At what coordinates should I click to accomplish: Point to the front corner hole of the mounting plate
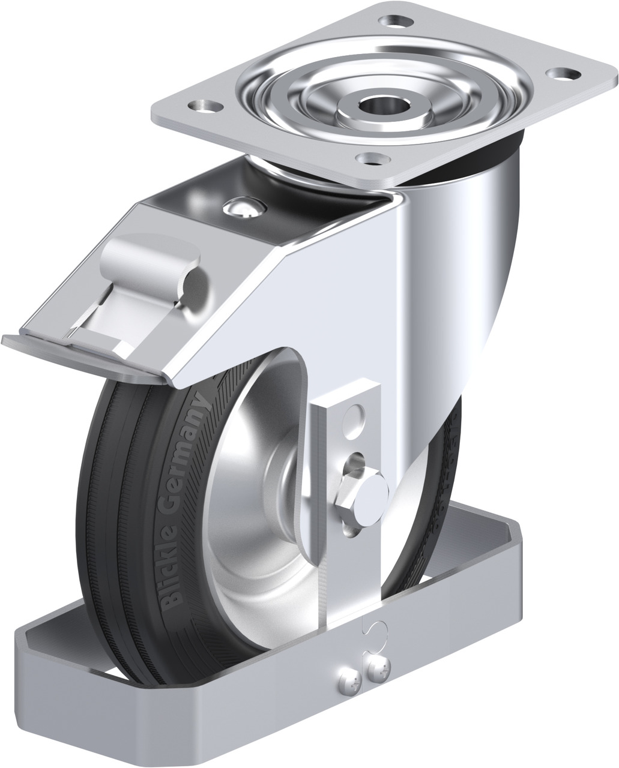pos(373,158)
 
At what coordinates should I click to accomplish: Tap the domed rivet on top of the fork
pos(244,207)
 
